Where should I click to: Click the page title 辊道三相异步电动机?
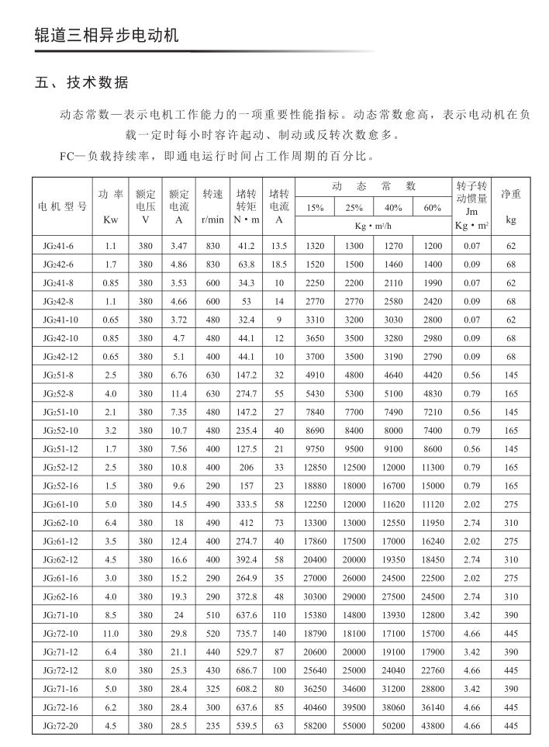107,36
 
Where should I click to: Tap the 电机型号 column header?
63,207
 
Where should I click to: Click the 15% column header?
316,208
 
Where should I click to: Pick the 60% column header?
433,208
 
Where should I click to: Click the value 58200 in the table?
316,726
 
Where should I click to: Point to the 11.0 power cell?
110,634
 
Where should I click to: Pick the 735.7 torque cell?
246,634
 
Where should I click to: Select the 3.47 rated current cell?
178,246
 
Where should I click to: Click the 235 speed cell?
212,726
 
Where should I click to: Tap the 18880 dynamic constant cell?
316,486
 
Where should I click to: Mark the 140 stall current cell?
279,634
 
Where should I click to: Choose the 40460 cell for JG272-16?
316,707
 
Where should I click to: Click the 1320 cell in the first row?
316,246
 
